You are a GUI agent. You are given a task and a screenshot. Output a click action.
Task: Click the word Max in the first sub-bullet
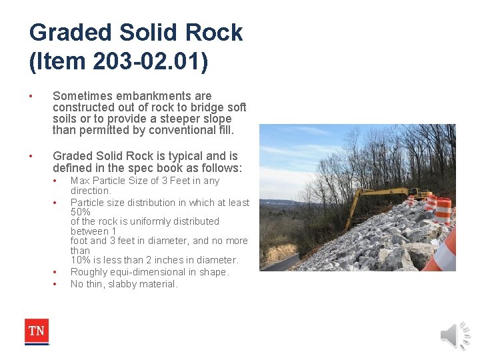tap(80, 181)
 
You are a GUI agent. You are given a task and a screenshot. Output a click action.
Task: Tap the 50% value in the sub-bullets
tap(81, 211)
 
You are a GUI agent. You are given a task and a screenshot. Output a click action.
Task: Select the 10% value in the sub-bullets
tap(81, 260)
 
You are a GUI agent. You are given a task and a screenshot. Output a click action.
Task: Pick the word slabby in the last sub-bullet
tap(117, 284)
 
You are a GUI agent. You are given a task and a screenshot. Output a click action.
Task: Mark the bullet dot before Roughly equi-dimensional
tap(55, 272)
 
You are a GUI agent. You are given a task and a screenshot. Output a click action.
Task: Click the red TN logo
tap(37, 331)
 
